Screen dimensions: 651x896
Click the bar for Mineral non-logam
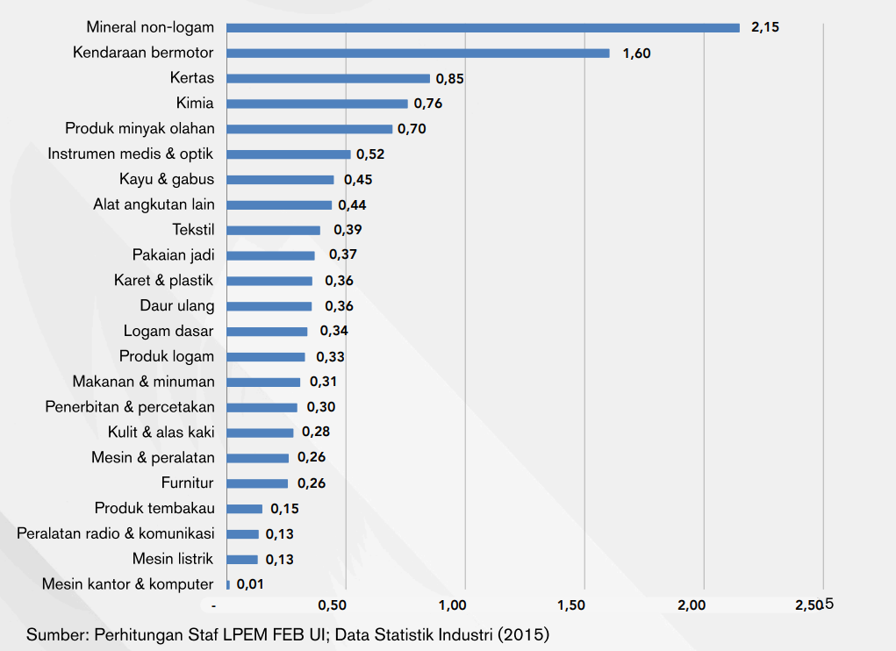click(x=483, y=27)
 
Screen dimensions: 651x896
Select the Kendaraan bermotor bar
click(x=418, y=53)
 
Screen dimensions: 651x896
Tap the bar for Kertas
click(x=328, y=78)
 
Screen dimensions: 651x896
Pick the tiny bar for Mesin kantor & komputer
click(x=228, y=584)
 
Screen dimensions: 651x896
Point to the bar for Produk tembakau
click(x=245, y=509)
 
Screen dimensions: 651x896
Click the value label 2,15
click(x=765, y=27)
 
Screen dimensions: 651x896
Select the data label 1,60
click(x=636, y=54)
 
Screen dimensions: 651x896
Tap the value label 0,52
click(x=370, y=154)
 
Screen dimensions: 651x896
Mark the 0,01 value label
click(x=250, y=583)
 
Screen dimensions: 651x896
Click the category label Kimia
click(x=194, y=104)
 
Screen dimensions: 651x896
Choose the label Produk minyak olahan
click(x=140, y=129)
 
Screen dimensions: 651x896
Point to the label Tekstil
click(x=193, y=230)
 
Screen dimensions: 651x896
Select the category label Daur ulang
click(x=176, y=306)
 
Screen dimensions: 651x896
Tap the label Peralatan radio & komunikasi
click(x=115, y=533)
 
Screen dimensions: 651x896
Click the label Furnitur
click(x=187, y=483)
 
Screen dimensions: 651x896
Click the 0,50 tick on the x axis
click(x=332, y=605)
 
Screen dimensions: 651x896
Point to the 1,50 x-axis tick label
click(x=571, y=605)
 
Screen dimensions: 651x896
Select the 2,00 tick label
click(x=692, y=605)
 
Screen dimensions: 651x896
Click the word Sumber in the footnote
click(x=54, y=633)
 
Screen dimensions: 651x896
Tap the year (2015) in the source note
click(x=523, y=633)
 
